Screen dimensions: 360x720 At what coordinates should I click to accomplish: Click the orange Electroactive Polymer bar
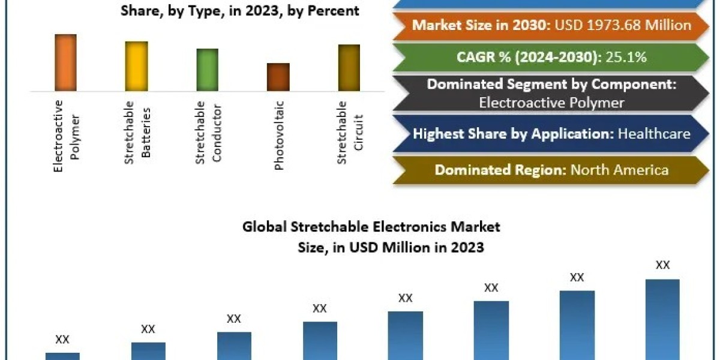point(66,62)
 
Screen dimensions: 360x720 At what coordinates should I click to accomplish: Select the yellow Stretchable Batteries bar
point(136,66)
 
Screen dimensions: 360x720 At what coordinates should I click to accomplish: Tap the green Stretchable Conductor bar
point(208,70)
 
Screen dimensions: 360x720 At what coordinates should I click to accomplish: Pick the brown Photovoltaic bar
point(278,77)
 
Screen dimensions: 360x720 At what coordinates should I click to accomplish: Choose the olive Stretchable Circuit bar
point(349,68)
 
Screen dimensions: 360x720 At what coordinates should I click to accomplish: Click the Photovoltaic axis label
point(279,136)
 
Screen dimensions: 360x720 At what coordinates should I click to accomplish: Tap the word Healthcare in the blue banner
point(655,134)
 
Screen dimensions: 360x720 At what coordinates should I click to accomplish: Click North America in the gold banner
point(619,170)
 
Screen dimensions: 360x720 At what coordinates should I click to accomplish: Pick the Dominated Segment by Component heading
point(551,84)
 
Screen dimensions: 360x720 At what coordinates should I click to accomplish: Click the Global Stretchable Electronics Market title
point(371,227)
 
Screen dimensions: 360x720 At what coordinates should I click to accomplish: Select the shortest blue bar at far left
point(62,356)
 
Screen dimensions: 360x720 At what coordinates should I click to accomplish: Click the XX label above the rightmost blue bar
point(662,265)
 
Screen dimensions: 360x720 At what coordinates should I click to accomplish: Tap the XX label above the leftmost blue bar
point(62,340)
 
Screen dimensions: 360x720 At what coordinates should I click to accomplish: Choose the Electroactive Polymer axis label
point(66,136)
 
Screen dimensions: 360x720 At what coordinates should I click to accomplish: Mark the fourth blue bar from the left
point(320,340)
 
